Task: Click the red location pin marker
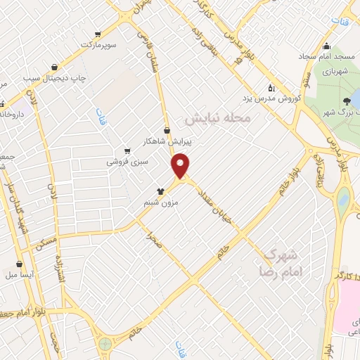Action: (x=181, y=165)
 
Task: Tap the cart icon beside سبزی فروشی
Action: (x=127, y=150)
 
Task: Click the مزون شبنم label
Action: (x=165, y=202)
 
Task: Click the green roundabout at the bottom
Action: (x=105, y=344)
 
